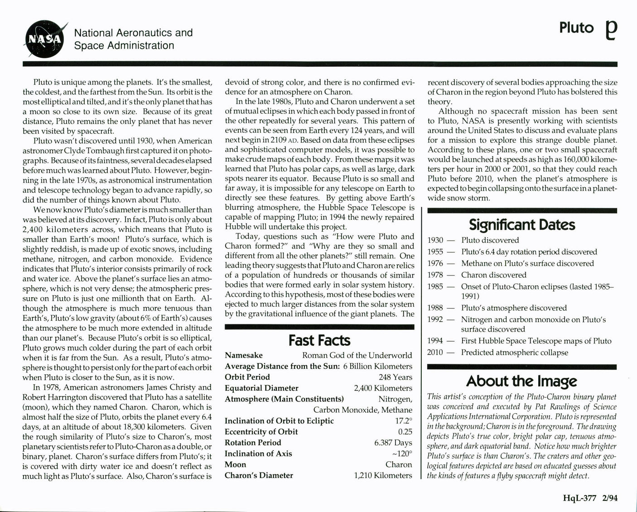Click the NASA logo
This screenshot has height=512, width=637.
point(43,40)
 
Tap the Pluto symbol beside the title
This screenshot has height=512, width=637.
point(611,31)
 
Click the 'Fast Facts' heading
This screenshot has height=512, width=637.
point(319,340)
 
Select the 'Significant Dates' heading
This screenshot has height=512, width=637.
point(522,225)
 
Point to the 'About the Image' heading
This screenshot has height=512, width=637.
point(521,381)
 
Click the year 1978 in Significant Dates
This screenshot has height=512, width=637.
point(435,275)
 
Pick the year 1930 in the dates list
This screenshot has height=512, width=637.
point(435,240)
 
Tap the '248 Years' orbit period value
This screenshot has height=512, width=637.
point(395,377)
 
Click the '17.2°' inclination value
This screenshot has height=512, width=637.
point(404,420)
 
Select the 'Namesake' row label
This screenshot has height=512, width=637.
point(244,355)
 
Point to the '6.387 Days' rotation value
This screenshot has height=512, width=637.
point(393,443)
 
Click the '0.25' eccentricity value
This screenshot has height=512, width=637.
point(405,432)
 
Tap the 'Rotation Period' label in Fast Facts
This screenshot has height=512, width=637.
point(253,443)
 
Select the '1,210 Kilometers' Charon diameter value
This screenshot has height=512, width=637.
point(383,475)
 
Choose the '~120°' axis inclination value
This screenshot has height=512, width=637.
point(402,454)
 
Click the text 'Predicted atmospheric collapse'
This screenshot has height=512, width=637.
point(514,353)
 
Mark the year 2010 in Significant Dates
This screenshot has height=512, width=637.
point(435,353)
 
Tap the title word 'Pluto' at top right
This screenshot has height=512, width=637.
point(576,28)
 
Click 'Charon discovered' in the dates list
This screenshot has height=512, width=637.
point(493,275)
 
